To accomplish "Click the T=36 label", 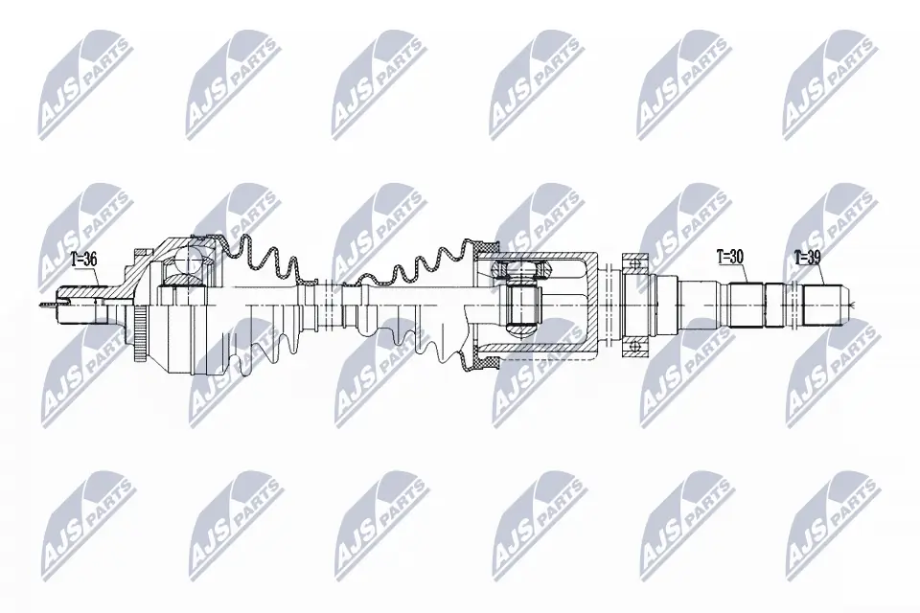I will [x=85, y=259].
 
